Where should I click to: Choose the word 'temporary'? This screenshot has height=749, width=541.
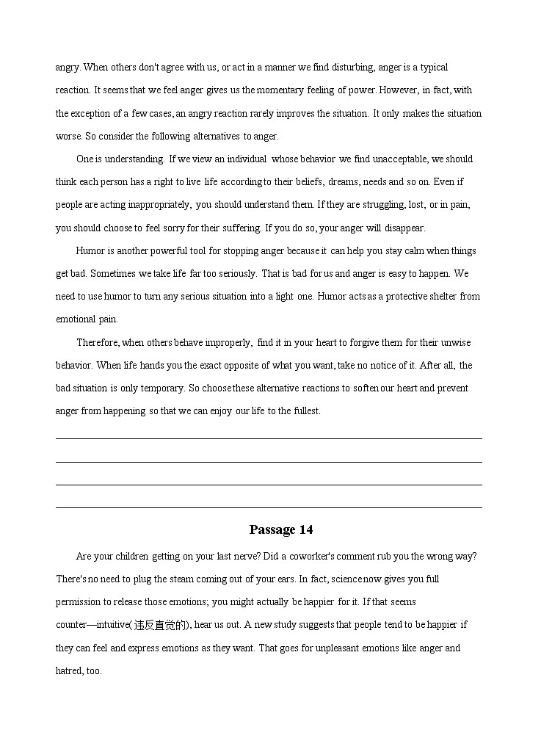click(162, 388)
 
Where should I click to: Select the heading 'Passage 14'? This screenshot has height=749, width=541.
click(281, 529)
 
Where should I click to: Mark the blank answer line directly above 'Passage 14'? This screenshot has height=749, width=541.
click(269, 507)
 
